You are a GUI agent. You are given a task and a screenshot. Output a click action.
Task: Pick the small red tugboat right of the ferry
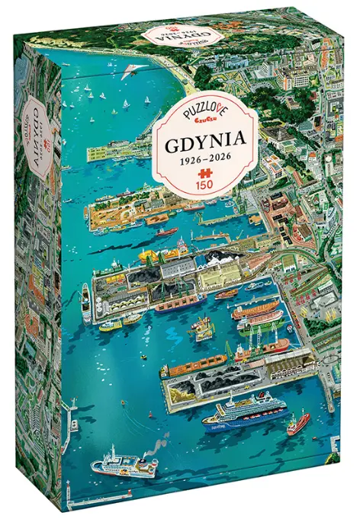[298, 421]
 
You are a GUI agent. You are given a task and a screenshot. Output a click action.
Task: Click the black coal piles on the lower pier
[221, 378]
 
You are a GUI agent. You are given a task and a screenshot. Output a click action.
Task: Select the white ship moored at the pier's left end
[86, 301]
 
